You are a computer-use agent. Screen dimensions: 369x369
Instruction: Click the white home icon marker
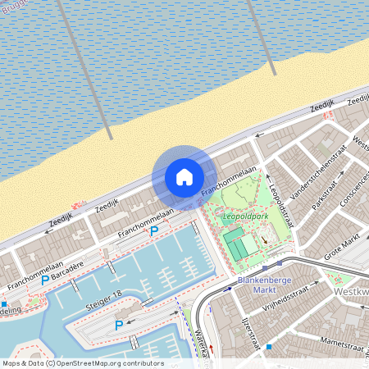click(184, 177)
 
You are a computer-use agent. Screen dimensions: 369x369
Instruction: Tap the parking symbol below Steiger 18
click(119, 326)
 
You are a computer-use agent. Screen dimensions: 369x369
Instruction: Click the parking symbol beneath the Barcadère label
click(45, 280)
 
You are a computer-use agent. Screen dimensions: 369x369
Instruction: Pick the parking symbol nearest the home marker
click(153, 231)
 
